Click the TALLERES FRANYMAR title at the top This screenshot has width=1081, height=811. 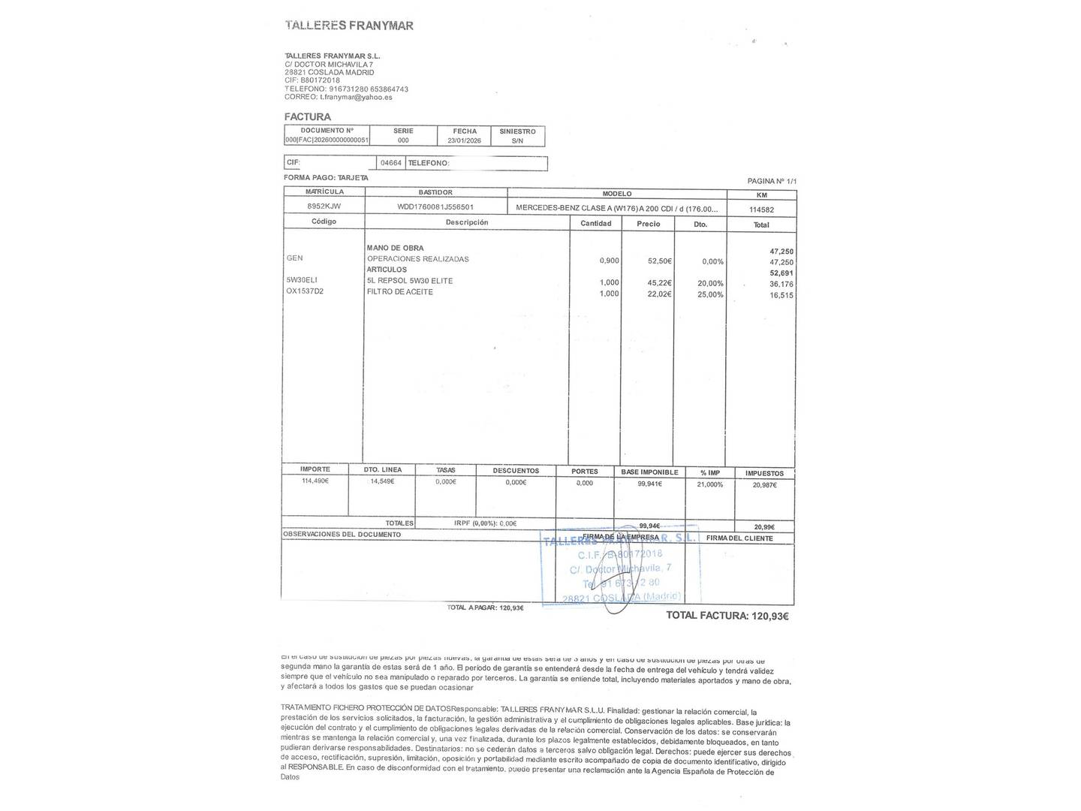349,26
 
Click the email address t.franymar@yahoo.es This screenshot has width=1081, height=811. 356,97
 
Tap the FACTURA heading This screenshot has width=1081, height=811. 307,117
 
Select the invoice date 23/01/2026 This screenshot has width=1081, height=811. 465,140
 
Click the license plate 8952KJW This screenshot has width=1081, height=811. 324,207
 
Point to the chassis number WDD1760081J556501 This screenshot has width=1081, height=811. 435,207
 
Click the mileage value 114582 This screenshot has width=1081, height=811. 761,210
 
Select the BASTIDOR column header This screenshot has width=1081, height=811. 435,193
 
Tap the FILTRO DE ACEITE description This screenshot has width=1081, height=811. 399,292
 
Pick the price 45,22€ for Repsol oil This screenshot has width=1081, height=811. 659,283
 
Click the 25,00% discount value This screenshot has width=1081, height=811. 710,294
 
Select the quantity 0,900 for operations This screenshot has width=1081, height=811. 609,261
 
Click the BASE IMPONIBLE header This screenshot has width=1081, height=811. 649,472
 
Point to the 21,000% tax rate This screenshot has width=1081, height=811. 710,484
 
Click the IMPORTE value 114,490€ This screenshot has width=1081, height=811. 315,481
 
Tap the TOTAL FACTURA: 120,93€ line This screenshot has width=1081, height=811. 727,616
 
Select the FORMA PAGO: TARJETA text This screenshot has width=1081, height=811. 326,178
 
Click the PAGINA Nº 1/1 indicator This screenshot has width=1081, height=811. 771,182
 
